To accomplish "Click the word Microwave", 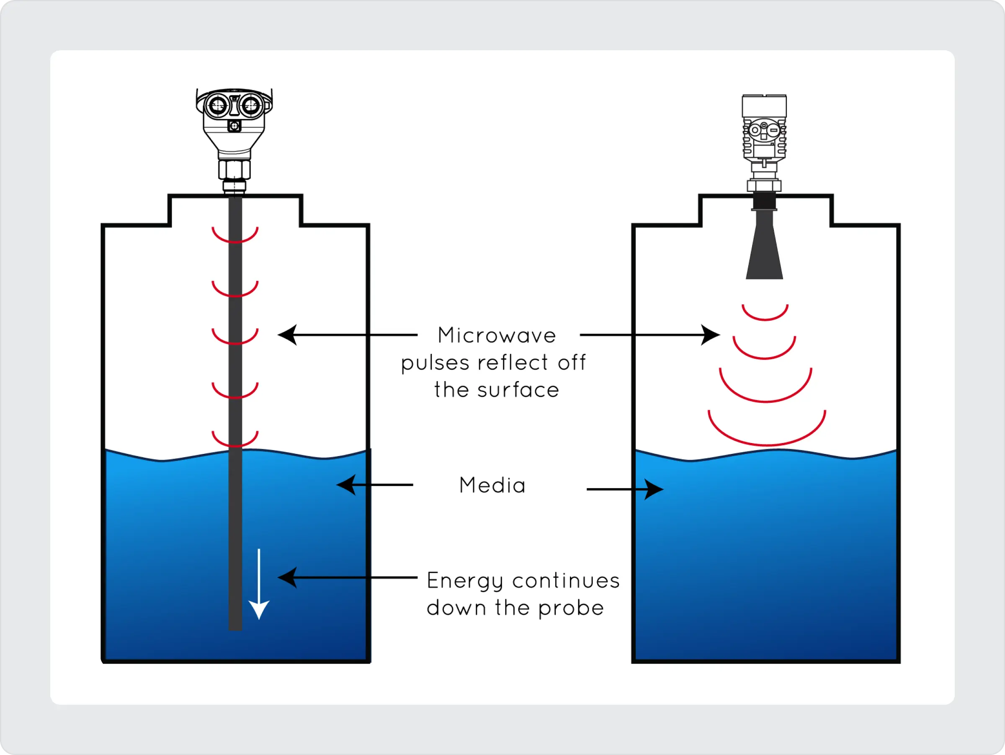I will (497, 336).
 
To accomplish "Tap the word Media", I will (492, 485).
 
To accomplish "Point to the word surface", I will (518, 390).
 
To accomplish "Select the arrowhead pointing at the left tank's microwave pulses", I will (288, 335).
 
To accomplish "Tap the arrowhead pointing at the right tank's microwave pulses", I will (710, 335).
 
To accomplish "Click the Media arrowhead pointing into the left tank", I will (346, 485).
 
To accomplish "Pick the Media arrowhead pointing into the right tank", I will (654, 489).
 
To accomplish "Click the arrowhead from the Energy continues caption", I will (288, 577).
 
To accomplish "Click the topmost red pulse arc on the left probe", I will (235, 236).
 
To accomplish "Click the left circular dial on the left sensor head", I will (217, 106).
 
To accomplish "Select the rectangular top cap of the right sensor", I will (764, 106).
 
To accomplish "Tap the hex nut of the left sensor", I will (234, 170).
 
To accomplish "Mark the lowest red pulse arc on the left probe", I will (235, 440).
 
